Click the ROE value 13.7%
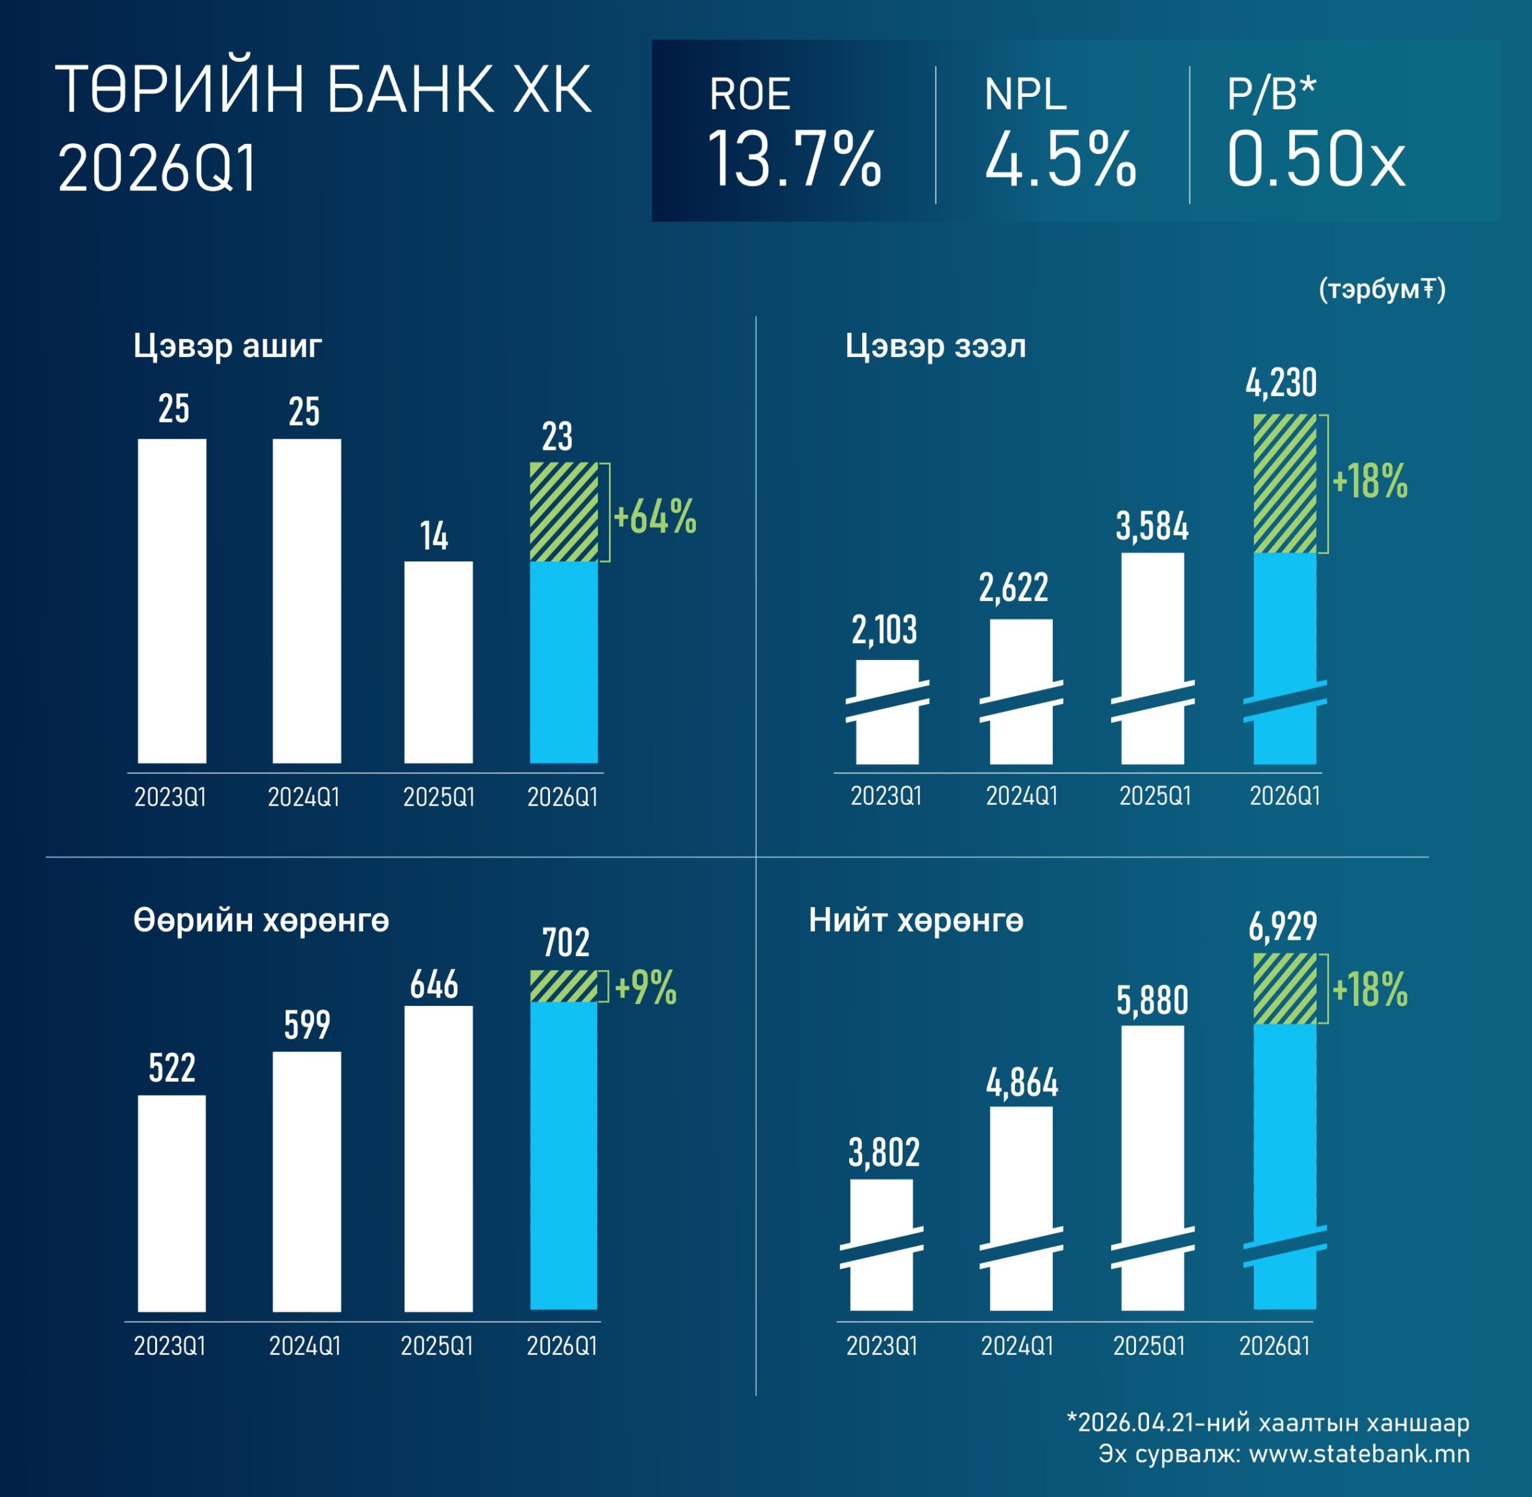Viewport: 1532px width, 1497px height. [794, 160]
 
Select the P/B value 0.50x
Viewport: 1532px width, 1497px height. [1315, 160]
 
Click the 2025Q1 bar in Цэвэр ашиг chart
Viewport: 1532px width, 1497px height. [439, 661]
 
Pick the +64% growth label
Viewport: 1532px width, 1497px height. [654, 517]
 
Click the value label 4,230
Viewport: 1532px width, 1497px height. [1281, 383]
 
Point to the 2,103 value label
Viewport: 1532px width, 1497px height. [885, 630]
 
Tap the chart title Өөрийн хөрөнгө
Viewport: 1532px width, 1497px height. [261, 920]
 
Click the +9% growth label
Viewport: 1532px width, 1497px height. [646, 988]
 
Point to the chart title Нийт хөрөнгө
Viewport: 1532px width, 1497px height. [916, 920]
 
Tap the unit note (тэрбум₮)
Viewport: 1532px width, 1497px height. [1382, 289]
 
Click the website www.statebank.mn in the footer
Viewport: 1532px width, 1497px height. [1359, 1454]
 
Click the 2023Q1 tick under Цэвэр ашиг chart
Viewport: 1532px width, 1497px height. [170, 797]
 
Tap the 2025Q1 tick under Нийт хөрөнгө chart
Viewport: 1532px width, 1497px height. [1148, 1346]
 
